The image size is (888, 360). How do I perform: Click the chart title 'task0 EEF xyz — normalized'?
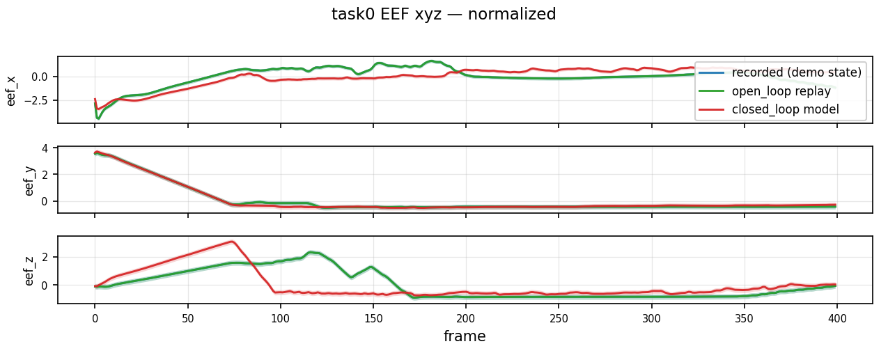[444, 14]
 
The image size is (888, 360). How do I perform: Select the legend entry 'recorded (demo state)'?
[797, 72]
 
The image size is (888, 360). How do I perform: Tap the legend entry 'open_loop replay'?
[781, 91]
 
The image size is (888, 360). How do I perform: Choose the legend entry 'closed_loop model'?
[785, 109]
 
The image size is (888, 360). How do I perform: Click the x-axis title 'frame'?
[465, 336]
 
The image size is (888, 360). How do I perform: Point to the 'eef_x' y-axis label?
[10, 91]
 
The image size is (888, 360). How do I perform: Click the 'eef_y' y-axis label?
[29, 181]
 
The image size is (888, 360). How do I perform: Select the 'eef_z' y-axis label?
[29, 270]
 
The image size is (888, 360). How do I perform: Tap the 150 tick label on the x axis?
[373, 318]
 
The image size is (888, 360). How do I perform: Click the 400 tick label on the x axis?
[837, 318]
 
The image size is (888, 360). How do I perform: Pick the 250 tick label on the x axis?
[559, 318]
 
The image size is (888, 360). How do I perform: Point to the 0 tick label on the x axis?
[95, 318]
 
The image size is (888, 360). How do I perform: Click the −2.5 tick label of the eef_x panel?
[36, 101]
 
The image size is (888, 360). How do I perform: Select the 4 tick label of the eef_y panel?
[45, 149]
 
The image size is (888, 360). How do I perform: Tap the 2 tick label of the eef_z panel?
[45, 258]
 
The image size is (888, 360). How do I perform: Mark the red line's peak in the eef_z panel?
[231, 241]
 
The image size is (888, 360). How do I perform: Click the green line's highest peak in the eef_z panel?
[311, 252]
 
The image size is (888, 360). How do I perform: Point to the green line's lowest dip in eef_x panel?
[98, 118]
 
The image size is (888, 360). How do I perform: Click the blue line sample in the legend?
[711, 72]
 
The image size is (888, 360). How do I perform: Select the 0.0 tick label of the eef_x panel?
[39, 77]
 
